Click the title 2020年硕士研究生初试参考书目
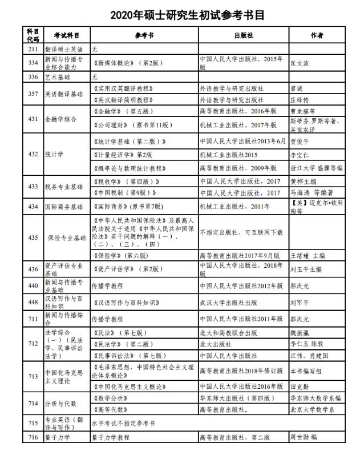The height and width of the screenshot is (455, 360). [x=180, y=13]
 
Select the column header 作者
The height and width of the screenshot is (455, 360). [x=317, y=35]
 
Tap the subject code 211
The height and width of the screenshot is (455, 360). [x=33, y=50]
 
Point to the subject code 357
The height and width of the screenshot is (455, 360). [x=33, y=94]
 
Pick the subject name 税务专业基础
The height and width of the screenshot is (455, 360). [x=64, y=187]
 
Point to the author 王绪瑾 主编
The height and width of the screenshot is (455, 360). [x=309, y=255]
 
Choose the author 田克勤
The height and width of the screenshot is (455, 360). [x=301, y=386]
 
